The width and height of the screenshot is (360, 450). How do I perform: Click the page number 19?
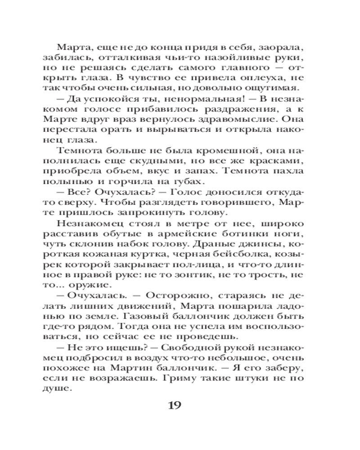pos(174,405)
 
